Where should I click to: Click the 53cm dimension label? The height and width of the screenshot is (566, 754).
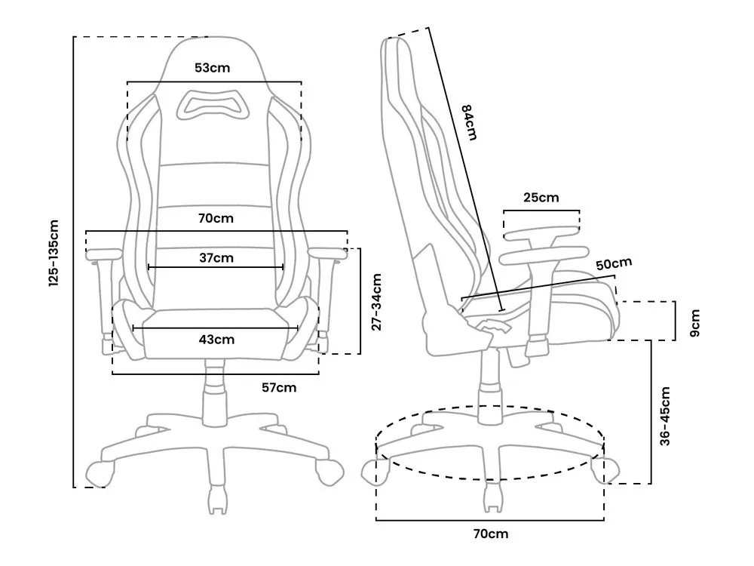pos(212,68)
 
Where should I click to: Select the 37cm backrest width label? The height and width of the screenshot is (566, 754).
pos(216,258)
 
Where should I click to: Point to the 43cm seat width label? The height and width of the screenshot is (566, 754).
pos(216,339)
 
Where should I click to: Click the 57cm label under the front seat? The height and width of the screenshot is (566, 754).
pos(278,388)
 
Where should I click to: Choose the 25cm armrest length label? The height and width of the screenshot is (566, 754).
pos(541,198)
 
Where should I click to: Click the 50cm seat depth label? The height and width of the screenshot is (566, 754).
pos(614,264)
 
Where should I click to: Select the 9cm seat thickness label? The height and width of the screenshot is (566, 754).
pos(695,322)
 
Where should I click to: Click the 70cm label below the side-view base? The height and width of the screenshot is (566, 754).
pos(490,534)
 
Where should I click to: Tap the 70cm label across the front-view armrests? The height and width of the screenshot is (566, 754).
pos(216,219)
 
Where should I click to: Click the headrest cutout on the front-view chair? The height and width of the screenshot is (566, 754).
pos(213,102)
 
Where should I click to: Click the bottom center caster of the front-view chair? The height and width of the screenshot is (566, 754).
pos(218,500)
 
